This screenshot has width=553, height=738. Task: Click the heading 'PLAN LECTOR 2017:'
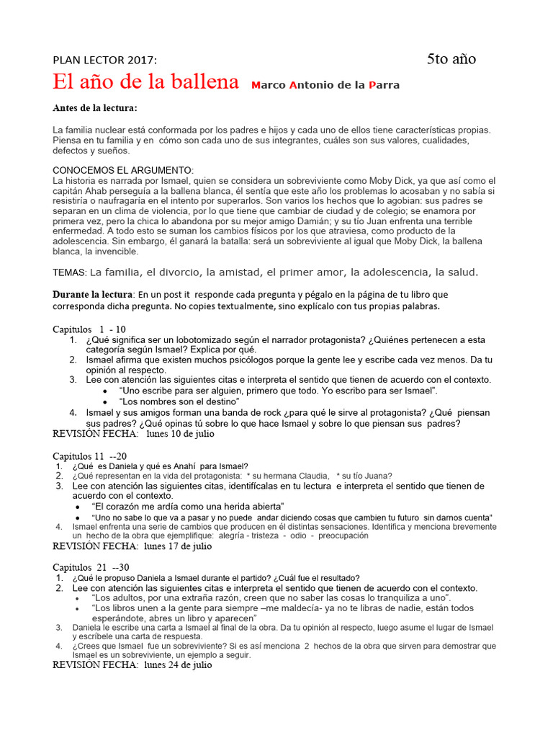[104, 60]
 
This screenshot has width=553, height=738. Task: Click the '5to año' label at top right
[451, 59]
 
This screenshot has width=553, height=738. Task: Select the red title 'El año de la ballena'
[145, 82]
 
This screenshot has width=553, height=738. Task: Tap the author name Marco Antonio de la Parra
[325, 85]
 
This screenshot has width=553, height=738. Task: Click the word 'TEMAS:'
[70, 272]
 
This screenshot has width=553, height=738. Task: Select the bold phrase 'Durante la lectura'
[93, 295]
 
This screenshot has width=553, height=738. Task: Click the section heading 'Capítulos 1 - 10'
[89, 329]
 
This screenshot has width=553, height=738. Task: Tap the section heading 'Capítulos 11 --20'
[90, 456]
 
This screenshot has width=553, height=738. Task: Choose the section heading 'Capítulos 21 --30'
[90, 568]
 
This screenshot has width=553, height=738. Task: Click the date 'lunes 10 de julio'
[179, 434]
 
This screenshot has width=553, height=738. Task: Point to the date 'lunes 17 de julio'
[178, 546]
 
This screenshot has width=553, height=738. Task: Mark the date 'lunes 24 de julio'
[178, 666]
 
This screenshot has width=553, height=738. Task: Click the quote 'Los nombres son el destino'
[179, 401]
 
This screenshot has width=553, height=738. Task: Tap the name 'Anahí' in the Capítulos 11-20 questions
[187, 466]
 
